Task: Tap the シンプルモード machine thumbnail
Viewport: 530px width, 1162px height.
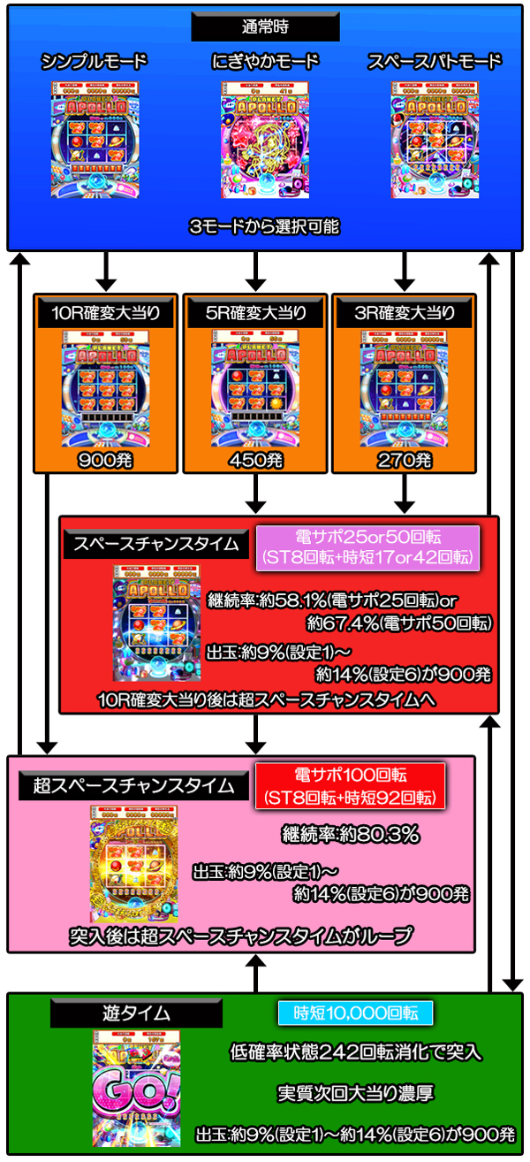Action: click(94, 139)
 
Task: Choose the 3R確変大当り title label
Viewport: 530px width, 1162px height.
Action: click(405, 312)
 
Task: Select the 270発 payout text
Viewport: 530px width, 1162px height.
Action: click(405, 460)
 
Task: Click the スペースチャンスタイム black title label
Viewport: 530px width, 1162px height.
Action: click(156, 544)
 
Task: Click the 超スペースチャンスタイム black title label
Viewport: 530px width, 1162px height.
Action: click(133, 784)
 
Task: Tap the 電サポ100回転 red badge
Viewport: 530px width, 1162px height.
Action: click(350, 785)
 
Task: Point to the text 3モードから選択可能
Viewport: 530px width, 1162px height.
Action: click(264, 226)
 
